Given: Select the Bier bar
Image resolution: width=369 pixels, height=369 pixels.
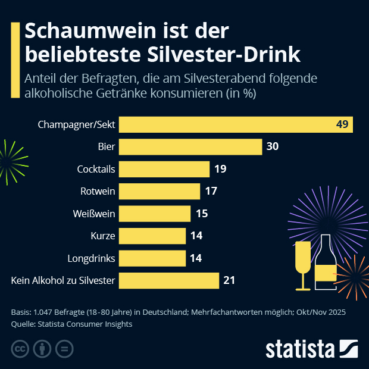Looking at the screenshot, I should (190, 146).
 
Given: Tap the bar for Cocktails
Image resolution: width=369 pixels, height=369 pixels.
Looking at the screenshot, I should (164, 169).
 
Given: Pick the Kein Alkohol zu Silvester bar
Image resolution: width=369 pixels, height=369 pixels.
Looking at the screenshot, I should (169, 280).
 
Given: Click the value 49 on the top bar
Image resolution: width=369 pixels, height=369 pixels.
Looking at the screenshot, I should (342, 124).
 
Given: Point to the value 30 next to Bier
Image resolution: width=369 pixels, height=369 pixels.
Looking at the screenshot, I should (273, 146).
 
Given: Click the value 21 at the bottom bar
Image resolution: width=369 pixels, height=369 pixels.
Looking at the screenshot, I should (230, 280).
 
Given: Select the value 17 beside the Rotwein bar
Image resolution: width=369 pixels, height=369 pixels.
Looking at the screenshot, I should (210, 191).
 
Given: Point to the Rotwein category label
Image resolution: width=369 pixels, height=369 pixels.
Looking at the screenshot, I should (98, 191).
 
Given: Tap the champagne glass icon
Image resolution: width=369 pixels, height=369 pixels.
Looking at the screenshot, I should (303, 264).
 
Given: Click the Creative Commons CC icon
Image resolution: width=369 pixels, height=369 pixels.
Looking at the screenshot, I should (20, 348).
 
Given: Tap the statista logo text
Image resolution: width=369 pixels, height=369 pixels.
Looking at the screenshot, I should (300, 349).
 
